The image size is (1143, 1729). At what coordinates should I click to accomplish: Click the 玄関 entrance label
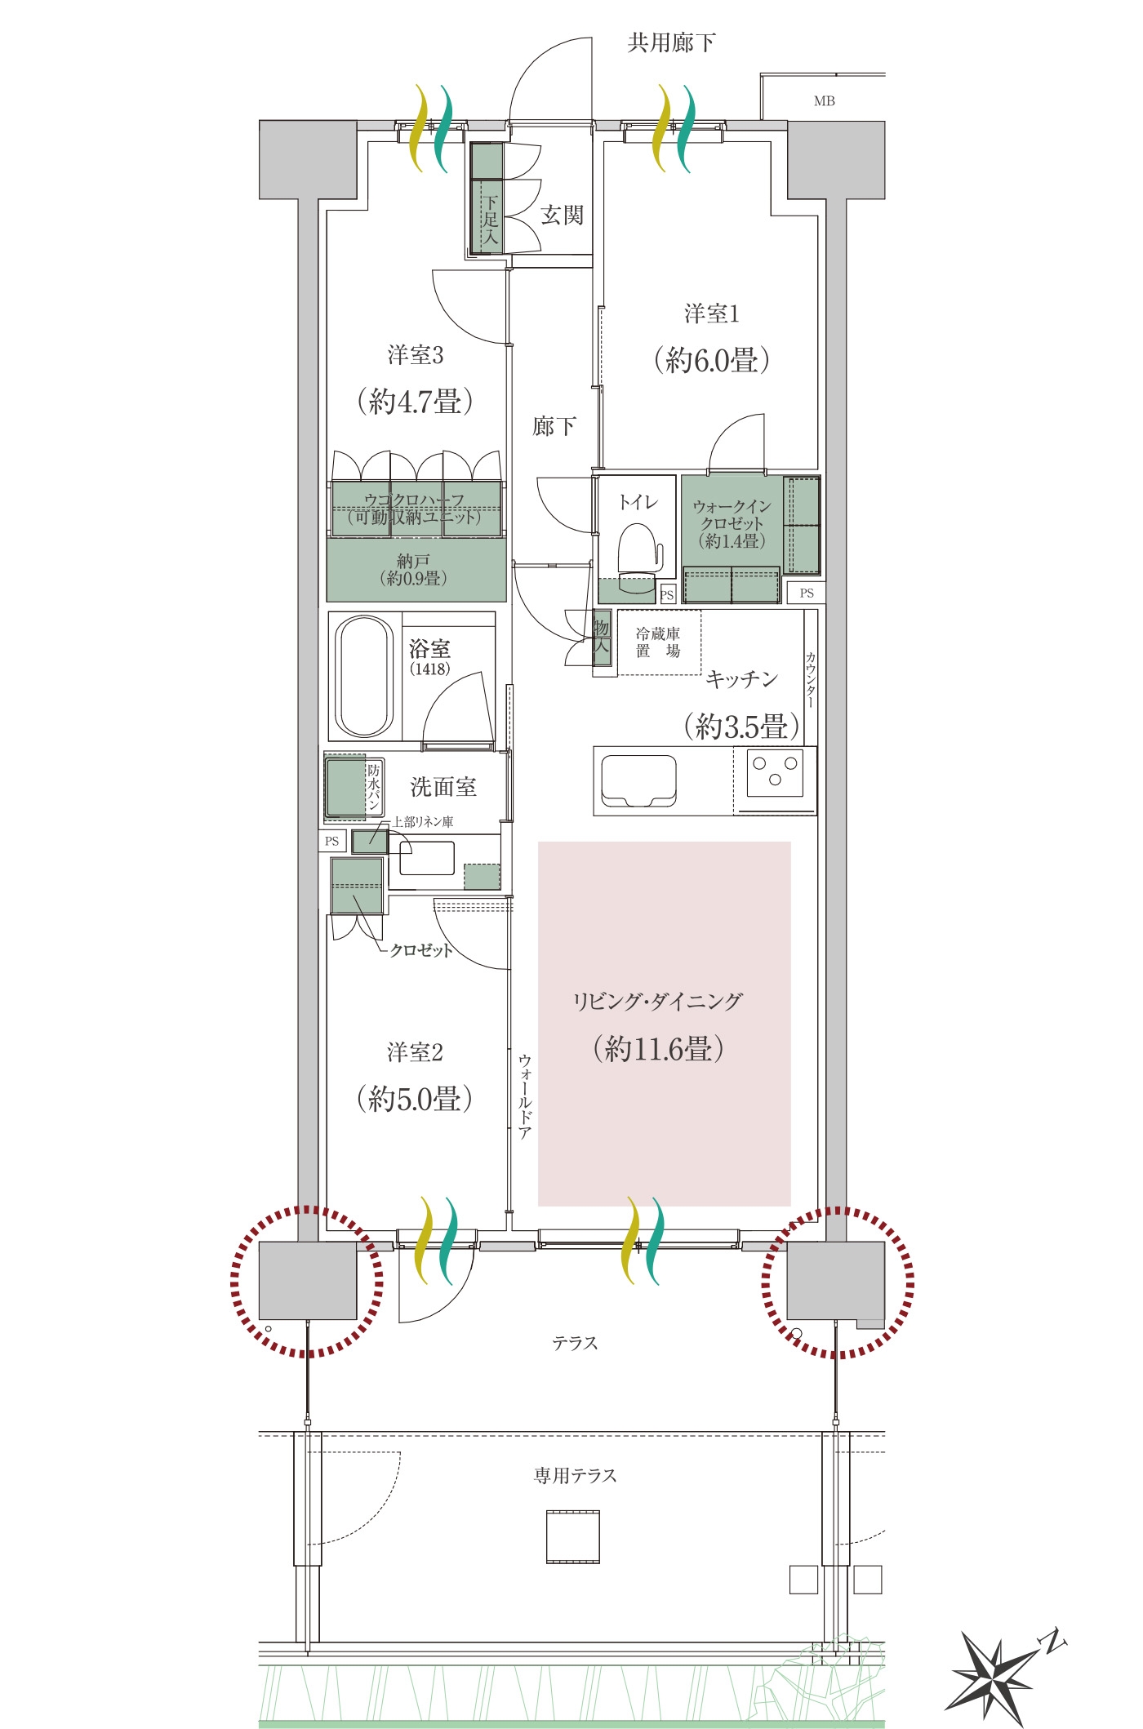(562, 216)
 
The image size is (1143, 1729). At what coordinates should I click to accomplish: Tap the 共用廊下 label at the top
(671, 42)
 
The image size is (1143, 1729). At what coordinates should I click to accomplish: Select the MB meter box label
(825, 101)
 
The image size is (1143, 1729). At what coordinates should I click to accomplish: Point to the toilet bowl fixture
(638, 556)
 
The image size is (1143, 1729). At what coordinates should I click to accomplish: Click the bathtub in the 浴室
(365, 676)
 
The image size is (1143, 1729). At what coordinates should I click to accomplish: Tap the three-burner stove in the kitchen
(775, 771)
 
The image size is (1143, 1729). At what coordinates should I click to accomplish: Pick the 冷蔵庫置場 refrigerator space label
(658, 642)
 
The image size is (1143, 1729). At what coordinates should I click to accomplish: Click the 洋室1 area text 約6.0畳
(711, 360)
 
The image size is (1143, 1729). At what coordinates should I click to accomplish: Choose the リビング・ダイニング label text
(658, 1001)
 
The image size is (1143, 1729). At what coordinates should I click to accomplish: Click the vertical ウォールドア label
(525, 1096)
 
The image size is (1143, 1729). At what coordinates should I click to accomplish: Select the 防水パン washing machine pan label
(373, 787)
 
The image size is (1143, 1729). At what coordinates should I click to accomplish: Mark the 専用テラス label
(576, 1475)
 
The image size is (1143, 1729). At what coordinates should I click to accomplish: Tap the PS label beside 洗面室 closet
(331, 841)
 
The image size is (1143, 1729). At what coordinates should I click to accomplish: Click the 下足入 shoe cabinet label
(490, 220)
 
